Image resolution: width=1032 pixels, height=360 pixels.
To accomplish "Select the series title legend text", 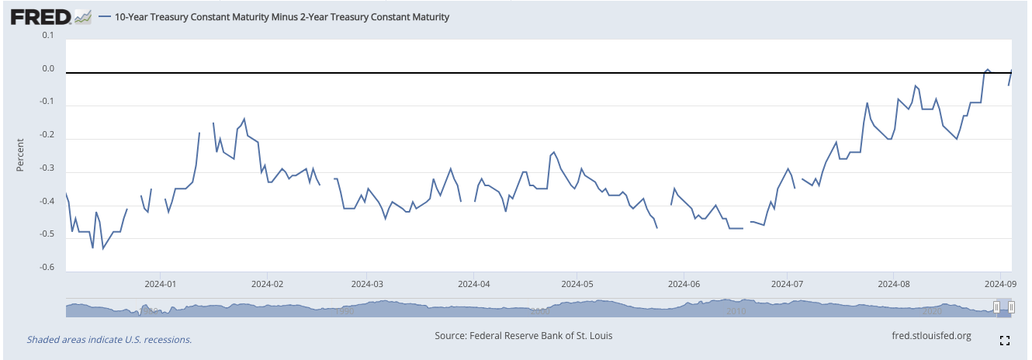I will pos(281,16).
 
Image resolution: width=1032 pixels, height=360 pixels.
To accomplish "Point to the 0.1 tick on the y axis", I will pos(48,36).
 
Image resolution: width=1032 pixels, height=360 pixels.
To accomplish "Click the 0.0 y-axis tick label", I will pos(48,69).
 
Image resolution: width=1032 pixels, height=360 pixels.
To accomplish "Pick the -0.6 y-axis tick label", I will pos(47,268).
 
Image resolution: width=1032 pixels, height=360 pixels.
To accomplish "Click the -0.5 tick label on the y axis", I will pos(47,234).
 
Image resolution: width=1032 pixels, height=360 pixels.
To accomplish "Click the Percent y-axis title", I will pos(21,154).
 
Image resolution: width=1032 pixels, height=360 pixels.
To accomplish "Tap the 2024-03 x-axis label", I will pos(369,284).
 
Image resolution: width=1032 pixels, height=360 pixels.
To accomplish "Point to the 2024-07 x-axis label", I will pos(787,284).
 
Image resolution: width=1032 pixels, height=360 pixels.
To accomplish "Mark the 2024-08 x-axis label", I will pos(894,284).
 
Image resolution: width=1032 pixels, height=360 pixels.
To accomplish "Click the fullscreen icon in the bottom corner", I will pos(1004,340).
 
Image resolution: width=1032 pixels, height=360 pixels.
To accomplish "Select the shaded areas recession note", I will pos(109,339).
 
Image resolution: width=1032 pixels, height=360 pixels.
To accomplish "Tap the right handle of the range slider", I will pos(1011,308).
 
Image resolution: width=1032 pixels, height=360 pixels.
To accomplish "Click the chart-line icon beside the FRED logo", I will pos(83,16).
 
